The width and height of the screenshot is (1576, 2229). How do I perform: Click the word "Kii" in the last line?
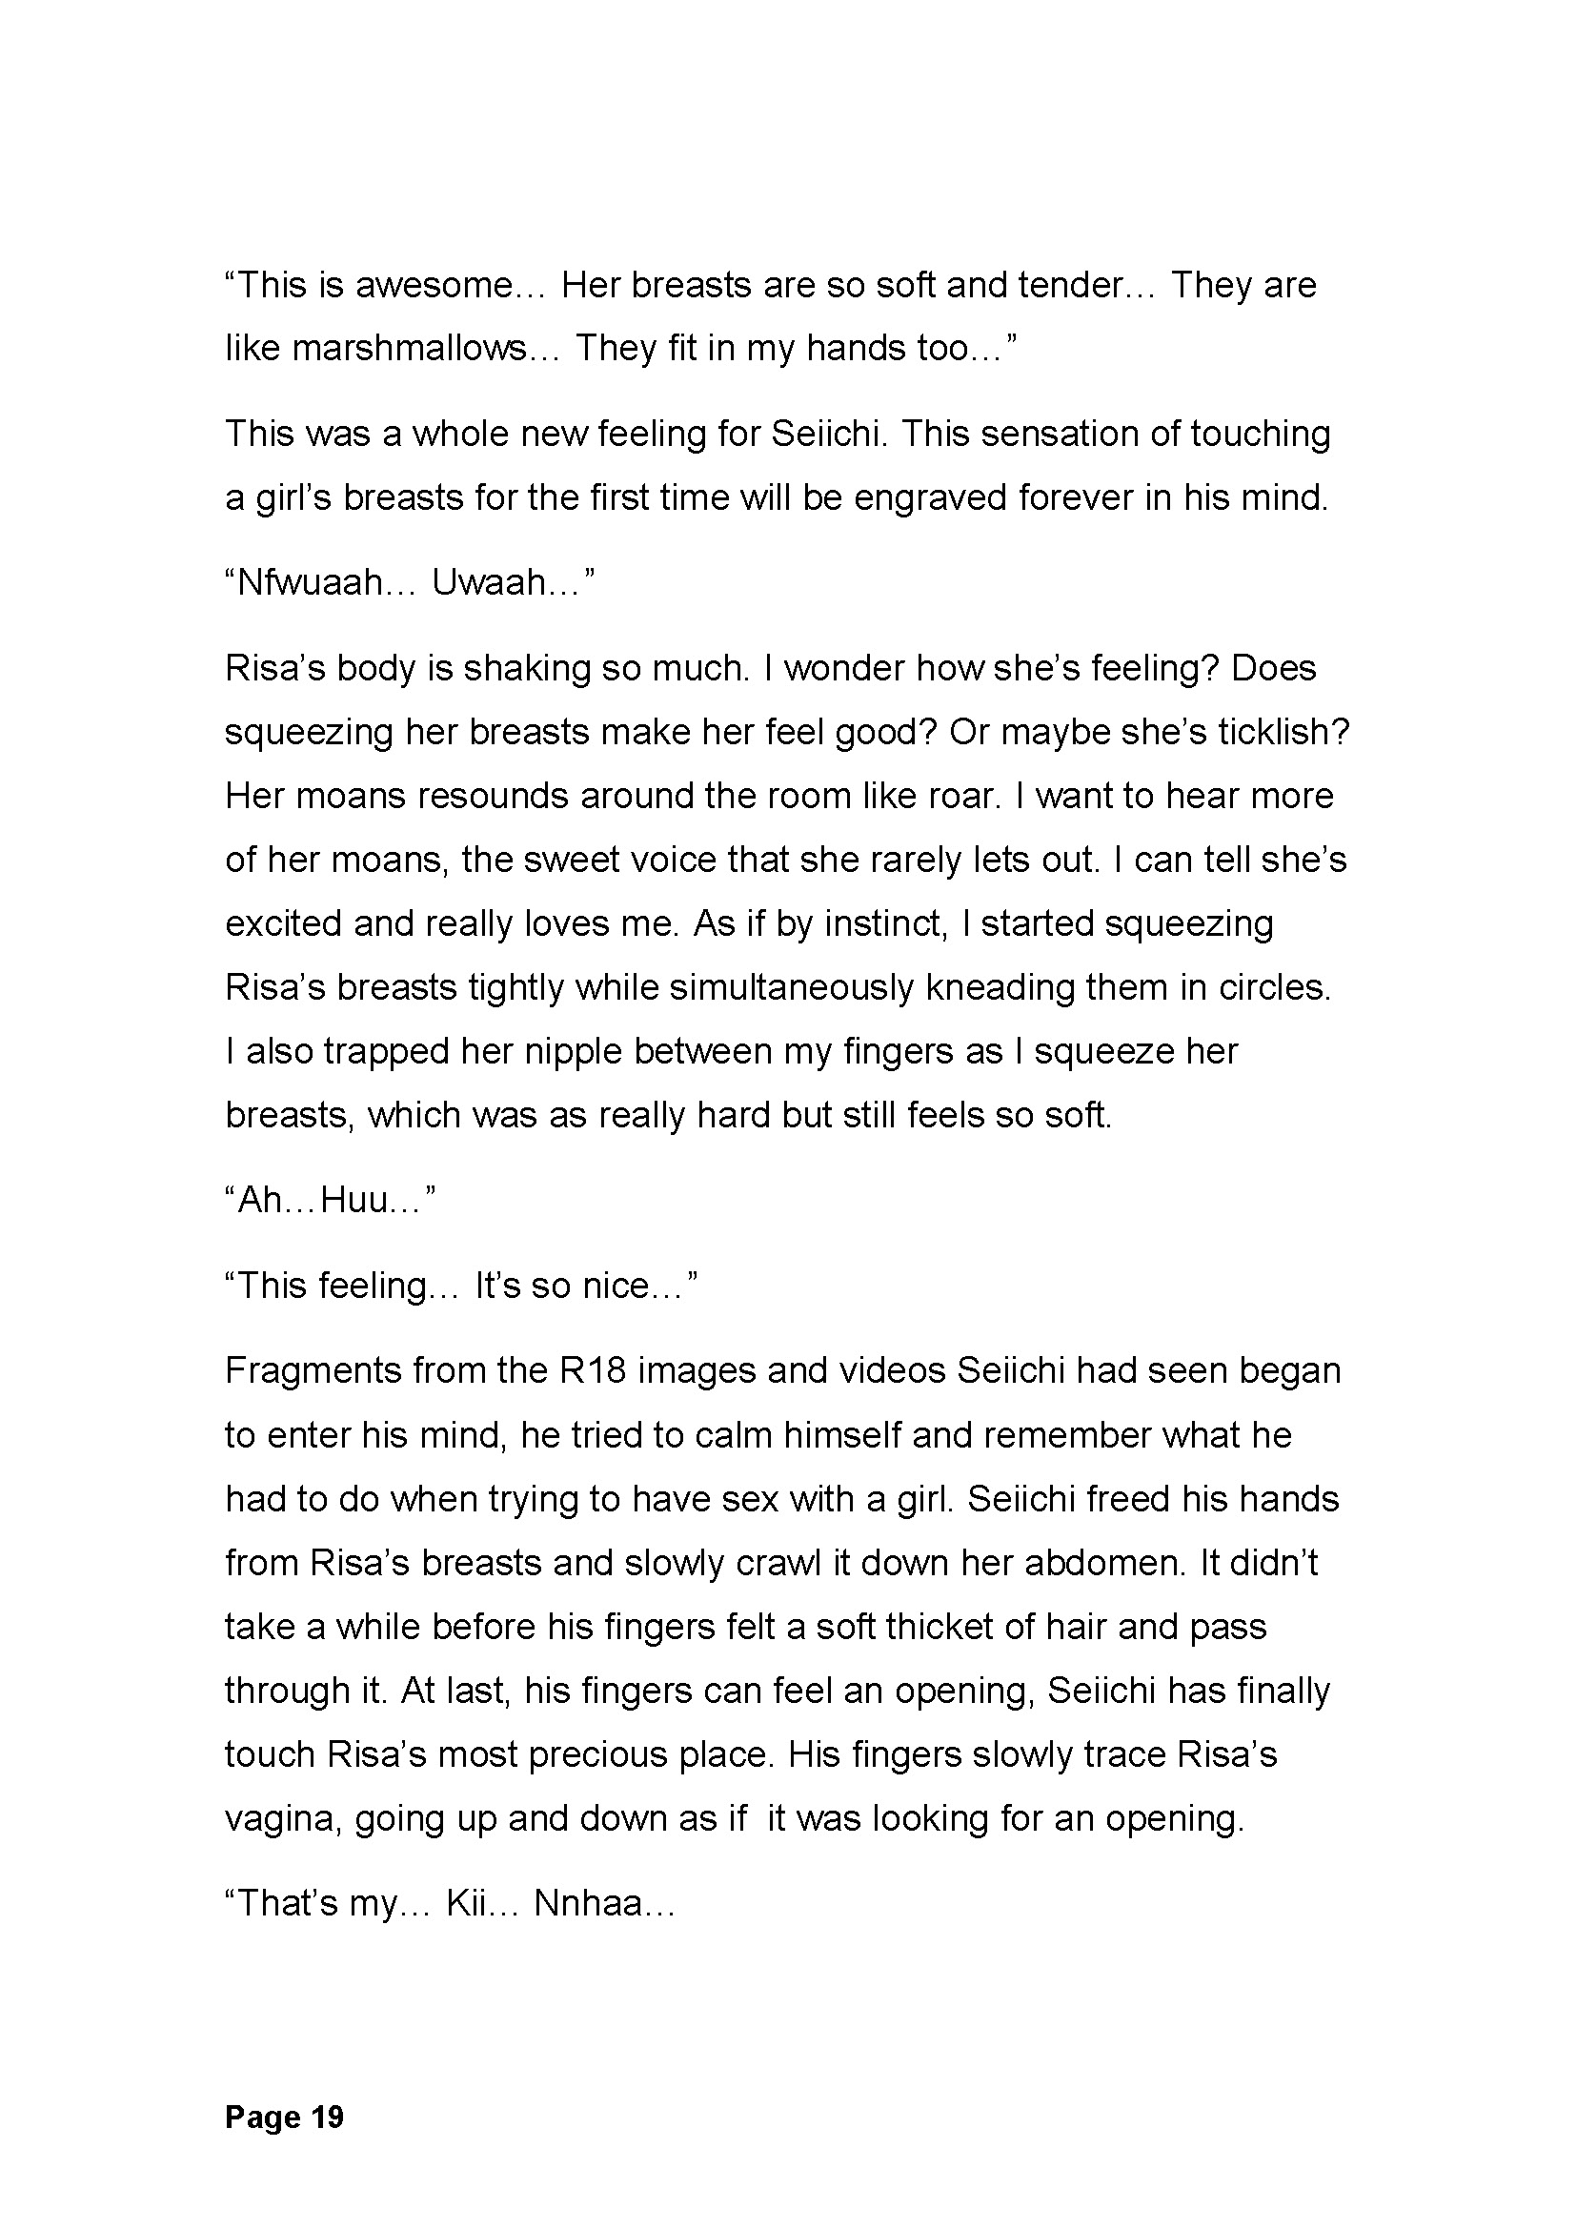point(471,1904)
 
